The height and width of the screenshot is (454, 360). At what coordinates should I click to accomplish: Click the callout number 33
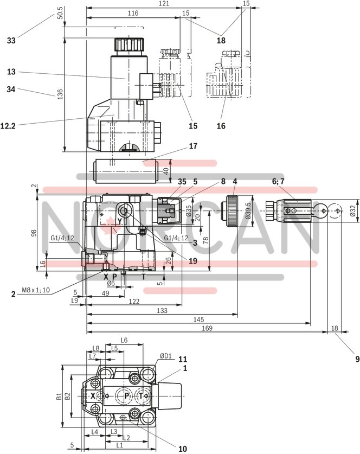(x=11, y=40)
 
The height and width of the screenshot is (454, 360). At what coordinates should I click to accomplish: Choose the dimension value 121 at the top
(x=164, y=4)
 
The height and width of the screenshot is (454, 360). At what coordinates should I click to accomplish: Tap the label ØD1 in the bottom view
(x=164, y=357)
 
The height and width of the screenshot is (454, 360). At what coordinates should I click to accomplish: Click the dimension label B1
(x=59, y=398)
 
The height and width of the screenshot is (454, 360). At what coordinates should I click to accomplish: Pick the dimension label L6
(x=124, y=340)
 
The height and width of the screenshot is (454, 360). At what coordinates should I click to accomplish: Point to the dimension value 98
(x=34, y=233)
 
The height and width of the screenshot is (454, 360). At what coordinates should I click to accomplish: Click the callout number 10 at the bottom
(x=182, y=448)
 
